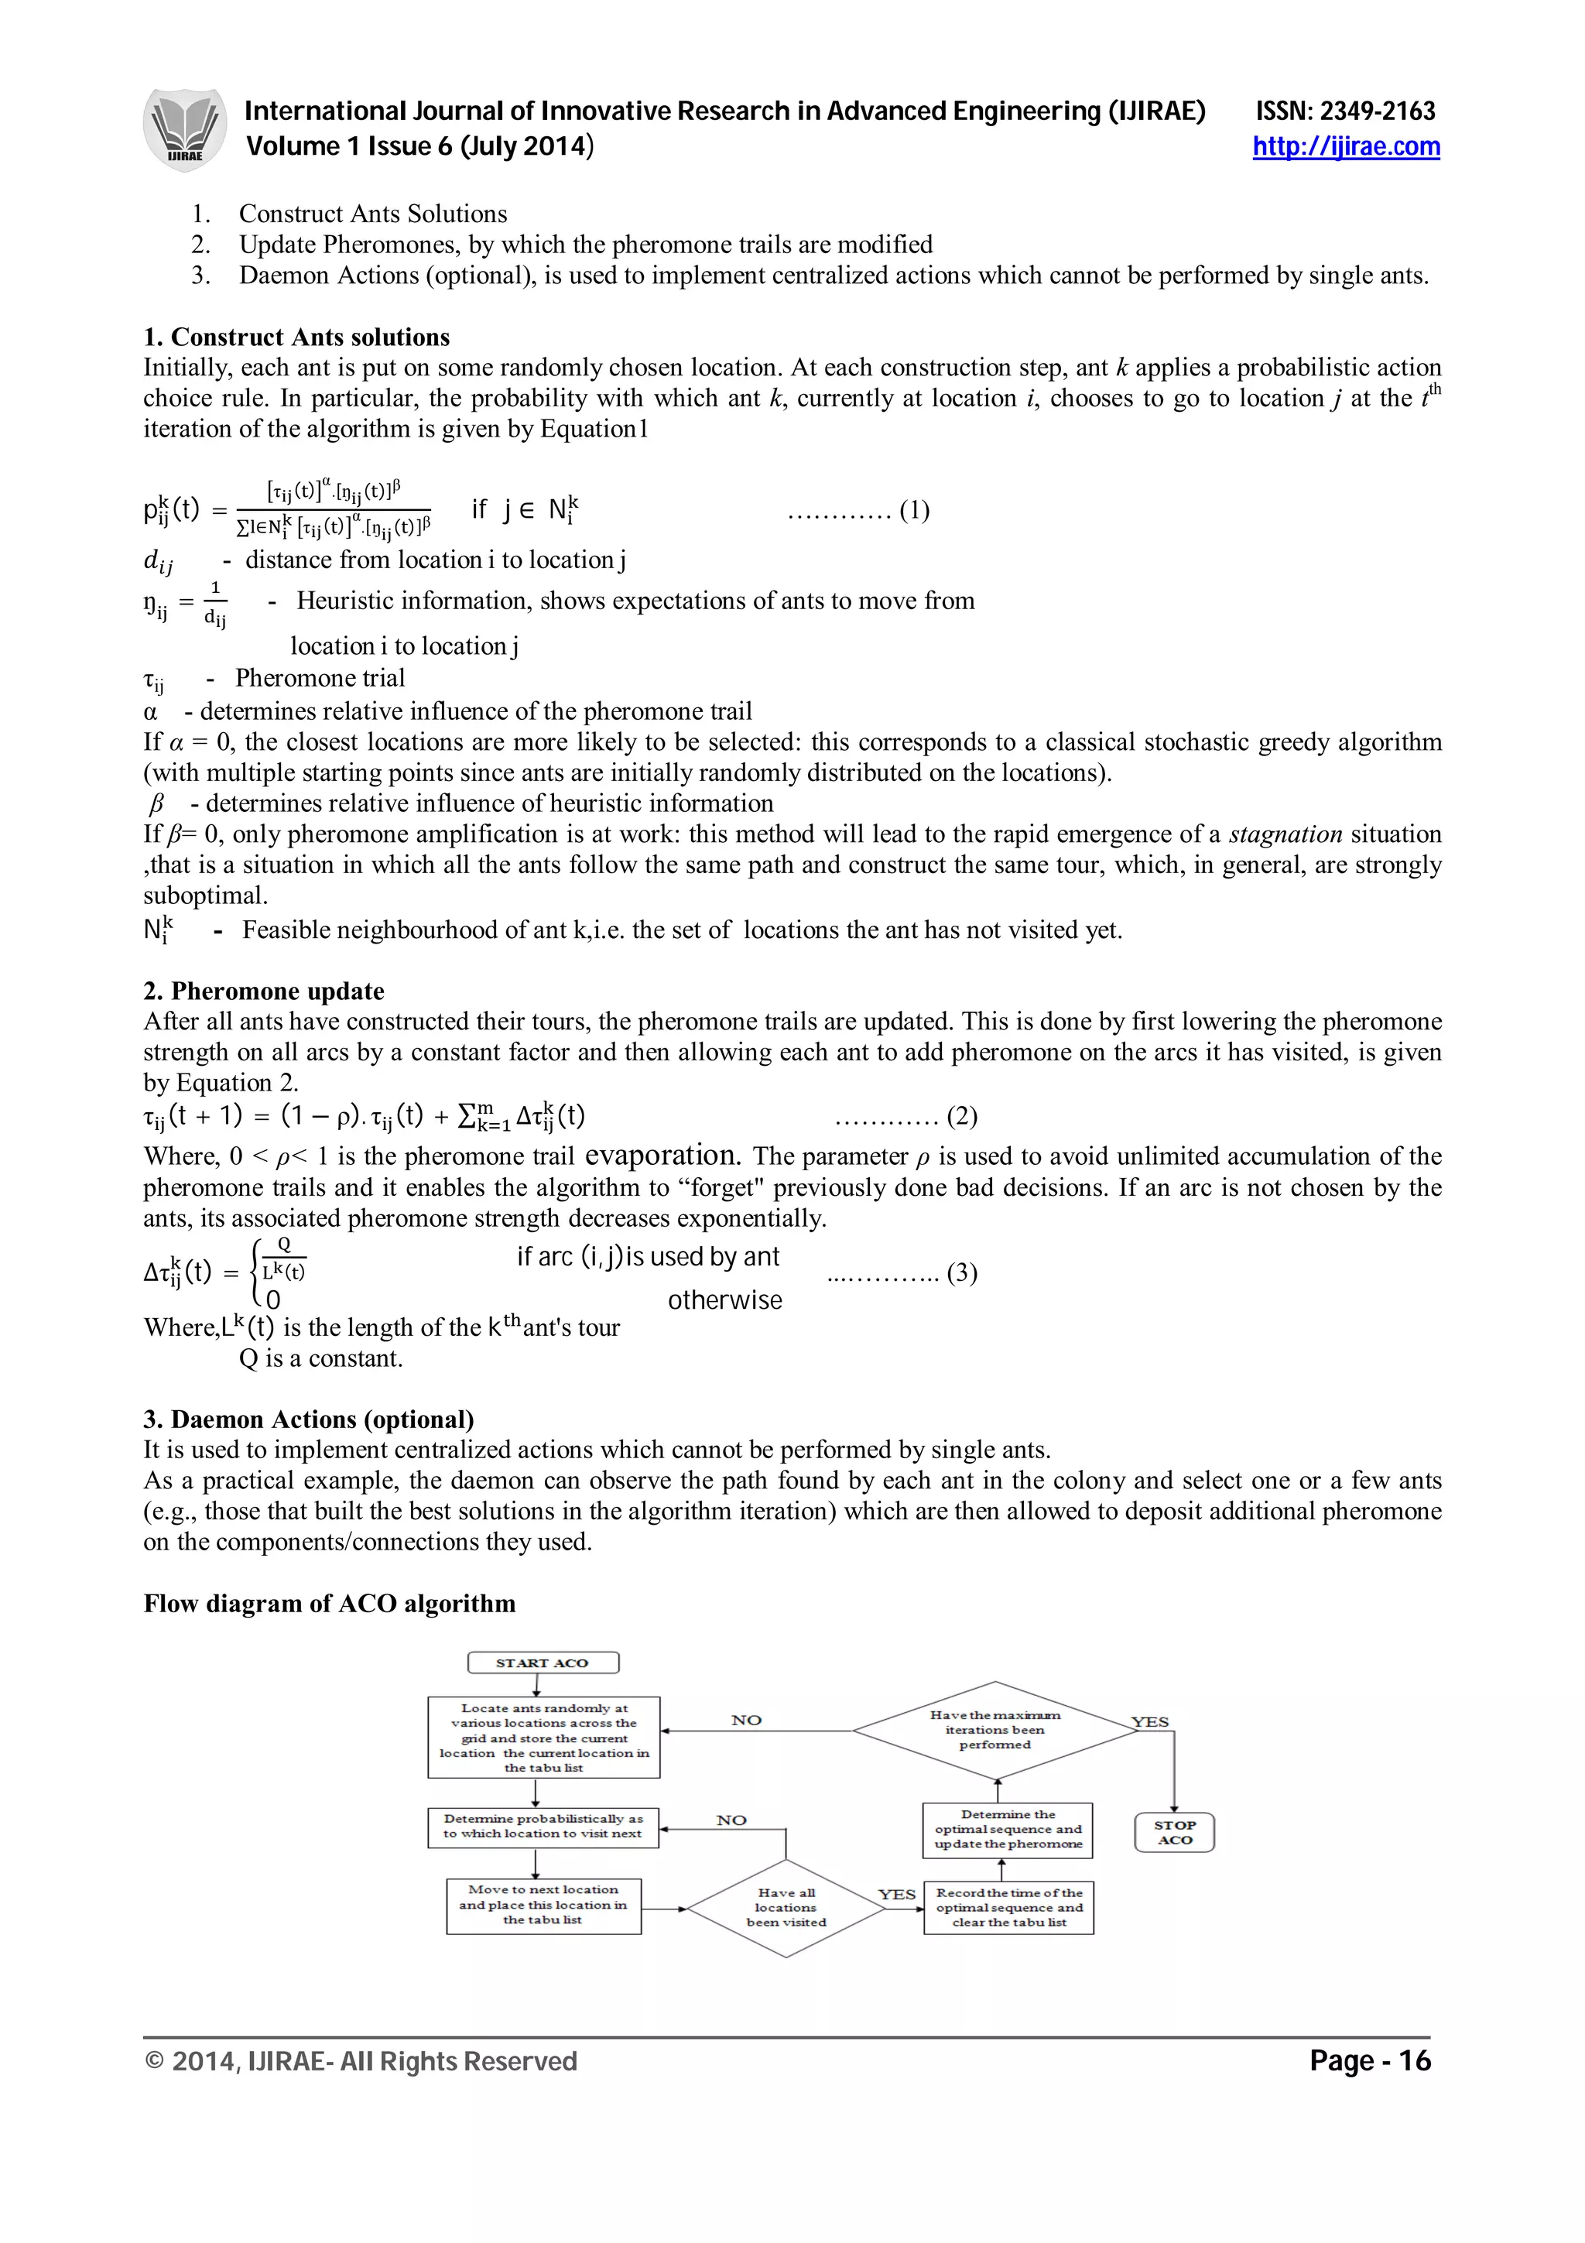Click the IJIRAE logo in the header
click(184, 130)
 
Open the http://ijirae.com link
click(1346, 146)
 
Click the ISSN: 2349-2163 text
click(1345, 111)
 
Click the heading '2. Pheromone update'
click(264, 991)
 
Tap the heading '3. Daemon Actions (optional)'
click(309, 1419)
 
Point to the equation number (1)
click(914, 510)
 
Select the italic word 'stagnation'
click(1285, 834)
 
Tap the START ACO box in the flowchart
click(543, 1662)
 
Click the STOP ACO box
click(1174, 1832)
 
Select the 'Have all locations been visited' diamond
click(786, 1907)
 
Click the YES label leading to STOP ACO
click(1149, 1721)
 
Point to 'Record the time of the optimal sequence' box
click(1009, 1907)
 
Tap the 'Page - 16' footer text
click(1369, 2060)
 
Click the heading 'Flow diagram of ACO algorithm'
click(329, 1603)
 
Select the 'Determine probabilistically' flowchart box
click(543, 1826)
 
